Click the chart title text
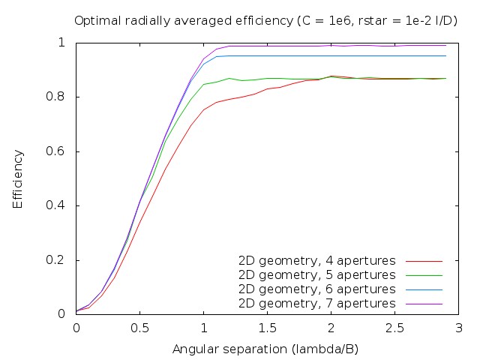pyautogui.click(x=266, y=20)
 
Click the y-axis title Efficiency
pyautogui.click(x=18, y=178)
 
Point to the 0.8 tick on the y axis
pyautogui.click(x=60, y=97)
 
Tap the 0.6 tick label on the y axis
pyautogui.click(x=60, y=151)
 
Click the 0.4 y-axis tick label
pyautogui.click(x=60, y=205)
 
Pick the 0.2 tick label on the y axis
pyautogui.click(x=60, y=260)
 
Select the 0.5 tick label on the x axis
pyautogui.click(x=139, y=328)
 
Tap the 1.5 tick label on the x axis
pyautogui.click(x=267, y=328)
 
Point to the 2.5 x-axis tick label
pyautogui.click(x=394, y=328)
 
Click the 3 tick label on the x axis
pyautogui.click(x=458, y=328)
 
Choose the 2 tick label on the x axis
pyautogui.click(x=331, y=328)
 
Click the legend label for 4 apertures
pyautogui.click(x=316, y=261)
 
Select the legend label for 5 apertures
pyautogui.click(x=316, y=275)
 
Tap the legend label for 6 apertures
pyautogui.click(x=316, y=289)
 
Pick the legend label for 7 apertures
pyautogui.click(x=316, y=304)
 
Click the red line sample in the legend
pyautogui.click(x=424, y=261)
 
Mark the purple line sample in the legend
pyautogui.click(x=424, y=304)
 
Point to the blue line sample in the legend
pyautogui.click(x=424, y=289)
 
